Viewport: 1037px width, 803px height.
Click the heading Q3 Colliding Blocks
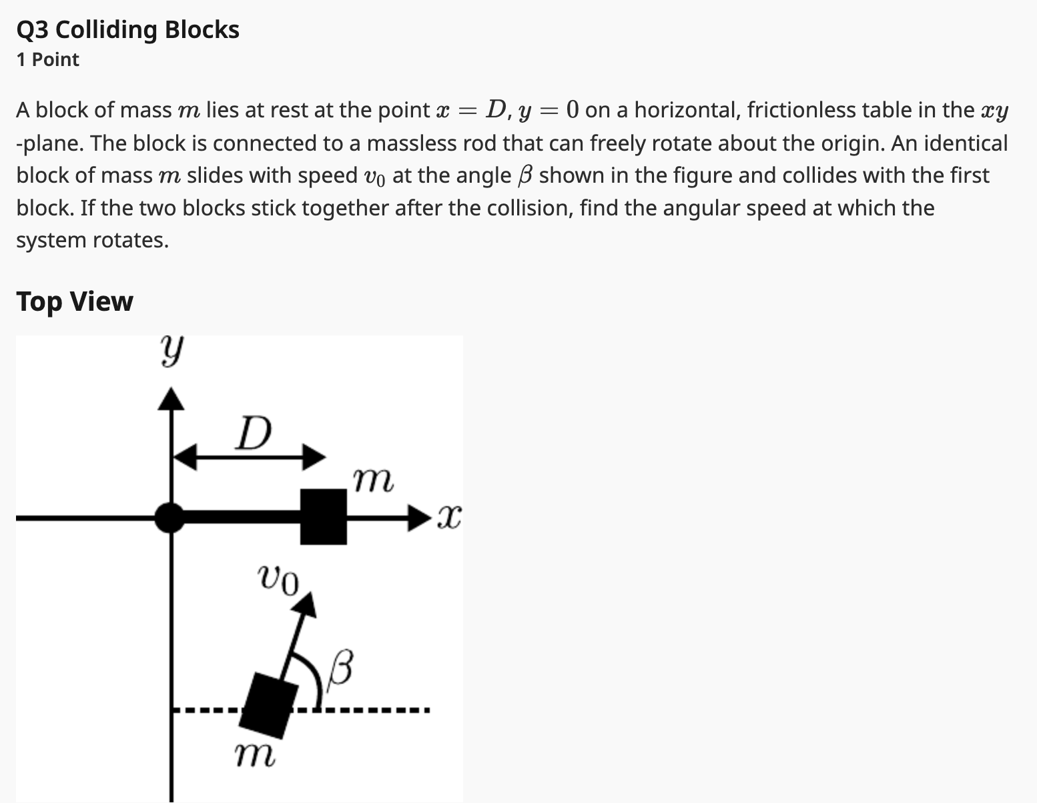[x=127, y=30]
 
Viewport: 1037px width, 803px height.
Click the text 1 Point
[x=47, y=60]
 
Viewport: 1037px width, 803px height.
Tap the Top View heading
[x=75, y=301]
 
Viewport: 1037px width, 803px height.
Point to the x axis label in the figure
[x=449, y=518]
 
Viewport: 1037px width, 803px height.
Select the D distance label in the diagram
[x=254, y=434]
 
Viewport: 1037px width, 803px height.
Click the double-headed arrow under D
[x=249, y=458]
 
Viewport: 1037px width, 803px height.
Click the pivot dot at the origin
[x=171, y=518]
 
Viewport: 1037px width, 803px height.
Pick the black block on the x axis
[x=324, y=517]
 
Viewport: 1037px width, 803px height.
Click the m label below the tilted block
[x=254, y=756]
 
